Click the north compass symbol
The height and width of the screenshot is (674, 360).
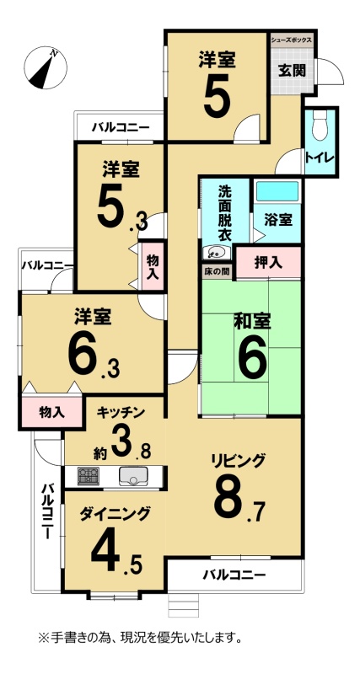click(46, 67)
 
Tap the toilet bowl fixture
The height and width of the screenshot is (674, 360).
click(320, 126)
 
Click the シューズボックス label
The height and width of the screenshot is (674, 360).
click(291, 40)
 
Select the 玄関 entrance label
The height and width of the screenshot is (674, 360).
click(291, 71)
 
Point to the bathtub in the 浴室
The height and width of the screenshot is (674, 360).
click(277, 191)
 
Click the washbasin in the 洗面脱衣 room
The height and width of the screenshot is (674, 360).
click(216, 252)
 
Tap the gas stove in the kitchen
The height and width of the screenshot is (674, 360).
click(89, 476)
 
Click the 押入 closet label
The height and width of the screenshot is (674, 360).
click(268, 263)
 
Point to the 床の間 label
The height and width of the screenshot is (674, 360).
click(217, 272)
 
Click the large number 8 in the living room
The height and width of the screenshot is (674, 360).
click(231, 499)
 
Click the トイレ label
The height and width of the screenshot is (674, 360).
click(320, 158)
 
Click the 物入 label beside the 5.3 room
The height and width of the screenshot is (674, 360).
click(153, 267)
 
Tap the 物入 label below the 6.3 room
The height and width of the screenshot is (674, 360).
click(52, 413)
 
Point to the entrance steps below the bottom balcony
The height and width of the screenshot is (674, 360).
click(184, 605)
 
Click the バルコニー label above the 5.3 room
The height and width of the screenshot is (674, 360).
click(121, 127)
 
